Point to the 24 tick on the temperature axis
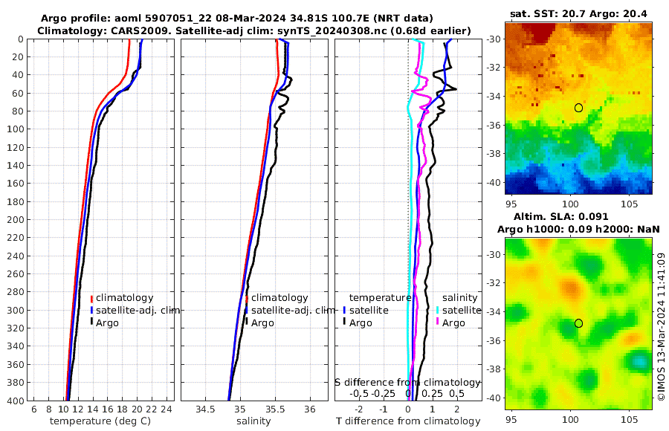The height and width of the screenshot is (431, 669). [167, 409]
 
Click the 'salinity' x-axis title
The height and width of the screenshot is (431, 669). [253, 421]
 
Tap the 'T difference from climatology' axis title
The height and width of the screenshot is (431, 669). [407, 421]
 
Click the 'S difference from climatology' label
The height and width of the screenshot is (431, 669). [407, 381]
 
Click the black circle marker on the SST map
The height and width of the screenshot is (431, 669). [578, 108]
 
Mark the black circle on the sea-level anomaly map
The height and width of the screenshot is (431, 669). [578, 323]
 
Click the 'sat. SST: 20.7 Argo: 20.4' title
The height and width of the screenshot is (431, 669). [578, 14]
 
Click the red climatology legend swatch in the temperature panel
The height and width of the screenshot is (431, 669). [91, 299]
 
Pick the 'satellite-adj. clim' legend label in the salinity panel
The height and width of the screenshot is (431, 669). [291, 310]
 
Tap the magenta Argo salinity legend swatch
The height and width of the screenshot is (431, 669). [437, 322]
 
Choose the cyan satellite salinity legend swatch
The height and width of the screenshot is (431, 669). [437, 310]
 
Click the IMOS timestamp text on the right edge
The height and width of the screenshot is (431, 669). [661, 327]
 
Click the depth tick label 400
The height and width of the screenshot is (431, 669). [15, 401]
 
